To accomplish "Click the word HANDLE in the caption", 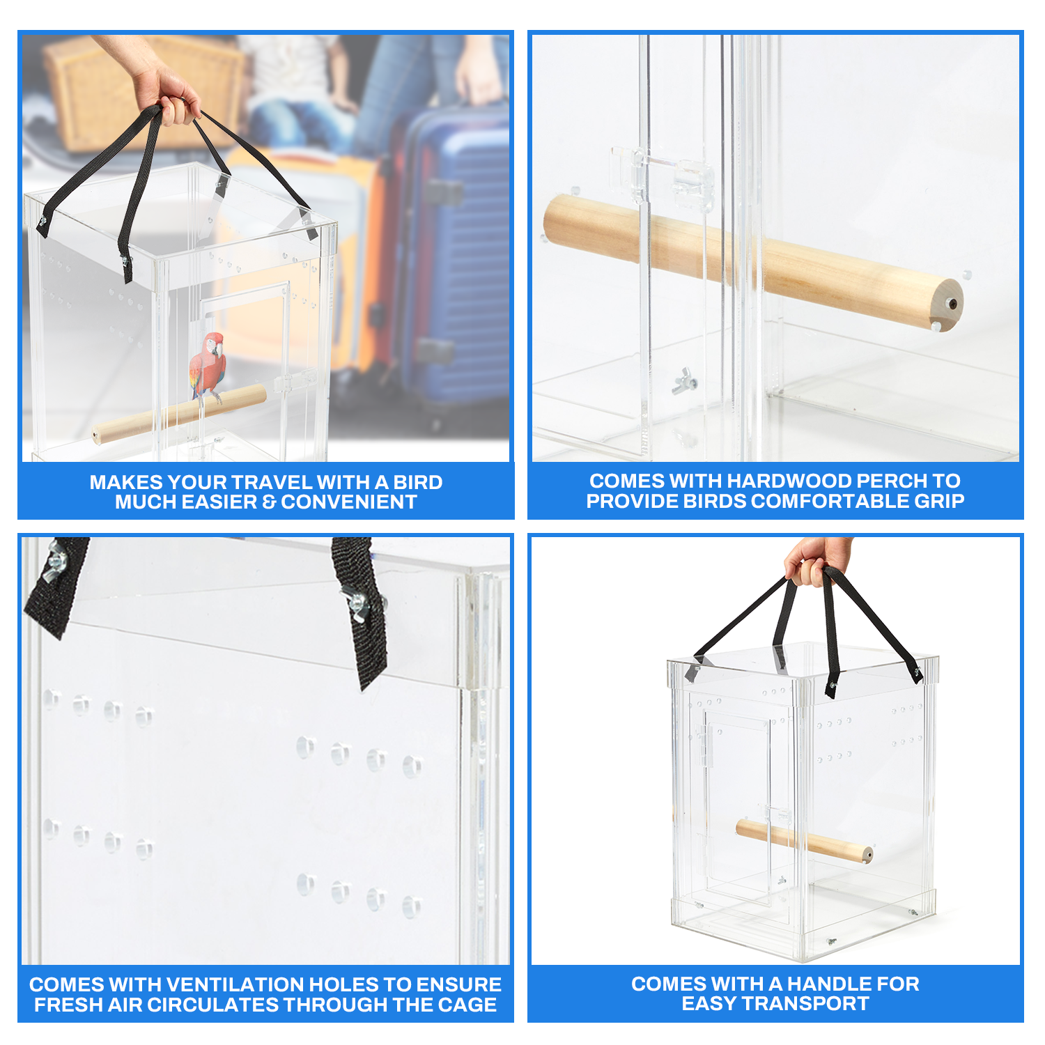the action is click(827, 984).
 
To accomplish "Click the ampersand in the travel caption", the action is click(269, 502).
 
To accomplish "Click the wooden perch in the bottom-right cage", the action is click(804, 841).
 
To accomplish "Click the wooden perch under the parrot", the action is click(178, 414).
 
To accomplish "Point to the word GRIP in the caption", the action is click(940, 501).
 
